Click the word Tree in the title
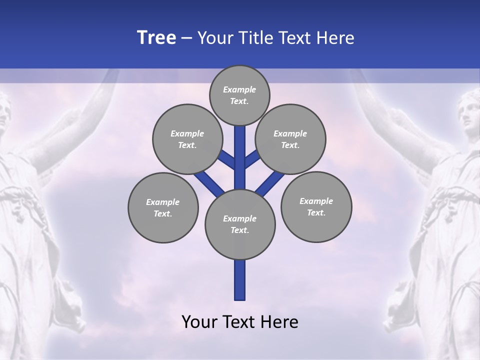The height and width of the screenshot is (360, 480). (156, 38)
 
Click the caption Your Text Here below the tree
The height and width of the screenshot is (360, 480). (240, 322)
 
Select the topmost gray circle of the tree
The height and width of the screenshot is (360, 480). (239, 95)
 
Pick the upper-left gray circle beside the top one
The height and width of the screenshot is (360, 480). (187, 139)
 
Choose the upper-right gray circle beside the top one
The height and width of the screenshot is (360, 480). (290, 139)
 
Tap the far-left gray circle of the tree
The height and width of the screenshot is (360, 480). (163, 207)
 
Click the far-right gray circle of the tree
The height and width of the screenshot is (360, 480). (316, 206)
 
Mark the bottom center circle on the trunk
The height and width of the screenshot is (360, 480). (240, 224)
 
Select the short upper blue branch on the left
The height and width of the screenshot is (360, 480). (227, 159)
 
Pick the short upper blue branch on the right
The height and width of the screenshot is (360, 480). (252, 159)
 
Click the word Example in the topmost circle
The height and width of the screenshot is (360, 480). (239, 89)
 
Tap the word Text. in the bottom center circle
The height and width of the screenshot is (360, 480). (239, 230)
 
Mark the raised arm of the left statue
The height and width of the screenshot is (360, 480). (65, 120)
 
